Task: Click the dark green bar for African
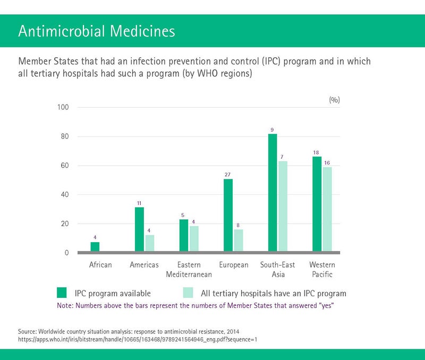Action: tap(95, 247)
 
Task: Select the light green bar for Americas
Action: tap(149, 243)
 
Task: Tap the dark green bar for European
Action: tap(228, 215)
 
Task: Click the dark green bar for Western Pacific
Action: tap(317, 204)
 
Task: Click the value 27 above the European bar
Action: tap(227, 174)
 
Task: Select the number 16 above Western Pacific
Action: tap(327, 162)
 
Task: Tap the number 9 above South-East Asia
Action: tap(272, 130)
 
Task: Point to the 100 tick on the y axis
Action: tap(63, 108)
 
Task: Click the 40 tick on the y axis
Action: tap(65, 195)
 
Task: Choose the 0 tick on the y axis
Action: tap(67, 253)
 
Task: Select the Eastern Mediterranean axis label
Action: tap(189, 269)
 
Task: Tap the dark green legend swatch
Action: tap(62, 293)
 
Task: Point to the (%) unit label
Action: tap(334, 99)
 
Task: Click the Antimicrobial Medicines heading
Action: tap(96, 31)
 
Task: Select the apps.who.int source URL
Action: tap(138, 338)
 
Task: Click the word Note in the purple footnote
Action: tap(65, 305)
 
